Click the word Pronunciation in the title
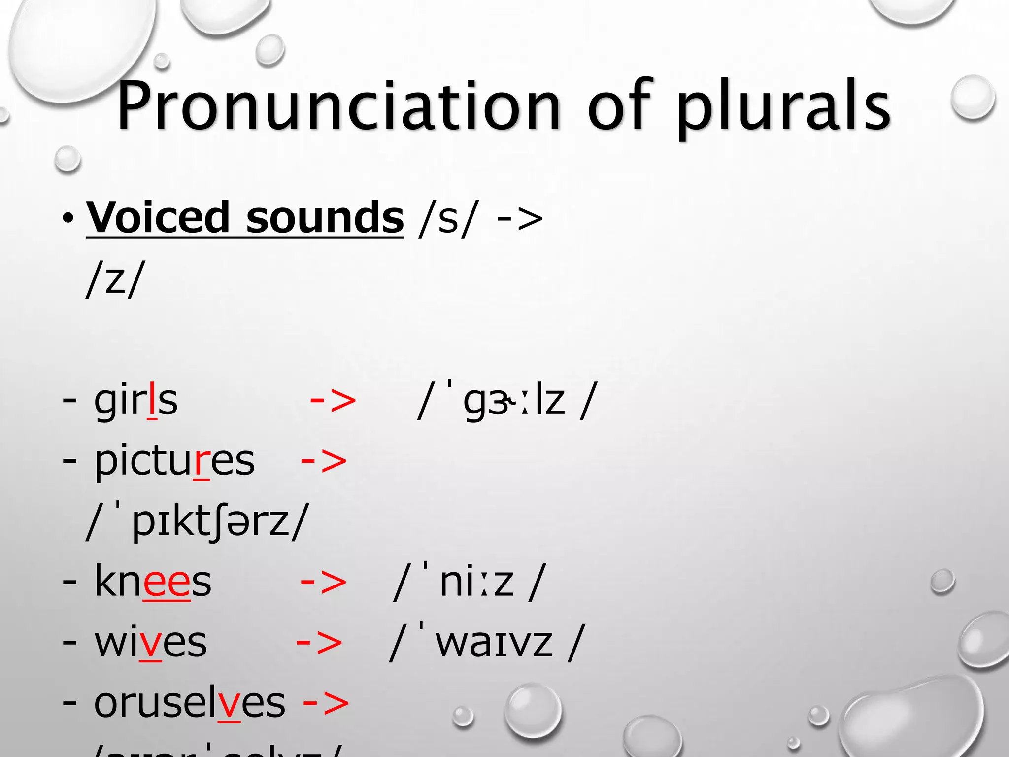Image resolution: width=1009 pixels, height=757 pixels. tap(339, 106)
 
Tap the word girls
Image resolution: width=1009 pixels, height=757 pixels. tap(135, 400)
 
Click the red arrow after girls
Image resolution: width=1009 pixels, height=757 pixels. tap(333, 400)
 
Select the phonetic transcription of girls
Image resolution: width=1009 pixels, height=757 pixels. tap(507, 400)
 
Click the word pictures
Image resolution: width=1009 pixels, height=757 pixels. tap(174, 461)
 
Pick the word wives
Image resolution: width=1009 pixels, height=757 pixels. tap(150, 643)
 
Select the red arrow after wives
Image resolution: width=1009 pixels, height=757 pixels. tap(319, 643)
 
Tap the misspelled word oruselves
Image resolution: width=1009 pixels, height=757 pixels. tap(190, 703)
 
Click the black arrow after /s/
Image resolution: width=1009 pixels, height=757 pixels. tap(520, 218)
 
